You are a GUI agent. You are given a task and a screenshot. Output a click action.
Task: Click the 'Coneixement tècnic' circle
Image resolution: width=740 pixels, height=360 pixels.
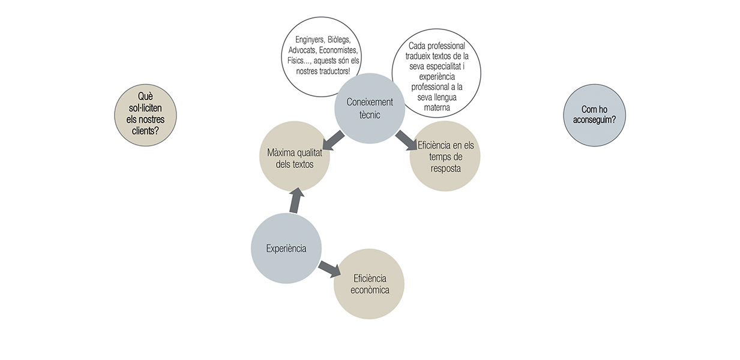click(370, 108)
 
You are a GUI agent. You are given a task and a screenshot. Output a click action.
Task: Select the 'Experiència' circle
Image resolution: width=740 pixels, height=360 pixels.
click(286, 248)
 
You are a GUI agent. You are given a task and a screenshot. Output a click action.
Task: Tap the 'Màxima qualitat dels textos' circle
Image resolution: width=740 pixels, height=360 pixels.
click(293, 157)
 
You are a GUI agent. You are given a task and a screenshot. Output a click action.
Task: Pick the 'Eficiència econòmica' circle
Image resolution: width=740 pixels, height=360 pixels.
click(368, 284)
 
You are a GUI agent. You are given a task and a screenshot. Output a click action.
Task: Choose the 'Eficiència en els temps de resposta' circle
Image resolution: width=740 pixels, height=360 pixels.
click(445, 157)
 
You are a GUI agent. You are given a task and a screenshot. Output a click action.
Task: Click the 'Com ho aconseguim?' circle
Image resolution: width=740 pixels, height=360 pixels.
click(594, 114)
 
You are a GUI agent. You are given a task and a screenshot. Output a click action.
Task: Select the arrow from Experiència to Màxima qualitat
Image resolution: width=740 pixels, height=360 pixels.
click(295, 200)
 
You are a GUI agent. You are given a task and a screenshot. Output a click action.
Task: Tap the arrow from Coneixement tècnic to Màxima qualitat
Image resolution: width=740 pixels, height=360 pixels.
click(333, 141)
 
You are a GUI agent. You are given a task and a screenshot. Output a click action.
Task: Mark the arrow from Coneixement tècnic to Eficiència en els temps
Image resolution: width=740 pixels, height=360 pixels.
click(406, 140)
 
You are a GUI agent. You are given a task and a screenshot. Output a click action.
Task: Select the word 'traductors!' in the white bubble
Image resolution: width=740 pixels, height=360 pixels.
click(331, 71)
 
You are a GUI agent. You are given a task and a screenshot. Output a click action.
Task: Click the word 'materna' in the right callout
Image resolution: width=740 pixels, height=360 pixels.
click(436, 108)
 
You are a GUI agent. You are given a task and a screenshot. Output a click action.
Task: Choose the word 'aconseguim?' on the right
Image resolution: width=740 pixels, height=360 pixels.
click(594, 119)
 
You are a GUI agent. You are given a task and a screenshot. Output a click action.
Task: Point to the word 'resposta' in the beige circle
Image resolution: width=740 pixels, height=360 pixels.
click(445, 168)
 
